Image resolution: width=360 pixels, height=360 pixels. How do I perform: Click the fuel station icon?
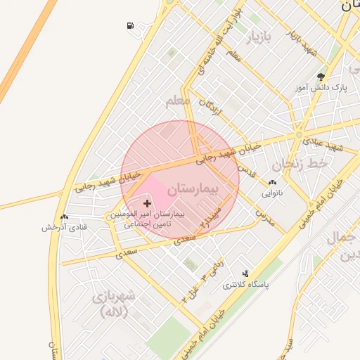[x=131, y=27]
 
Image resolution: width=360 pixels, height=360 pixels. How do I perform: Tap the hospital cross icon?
[x=146, y=202]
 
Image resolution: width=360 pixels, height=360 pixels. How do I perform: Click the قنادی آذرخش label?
[x=64, y=227]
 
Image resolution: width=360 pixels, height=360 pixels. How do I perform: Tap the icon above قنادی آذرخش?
[x=64, y=217]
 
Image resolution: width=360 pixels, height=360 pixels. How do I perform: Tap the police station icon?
[x=245, y=274]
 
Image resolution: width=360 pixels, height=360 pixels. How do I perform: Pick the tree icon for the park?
[x=321, y=77]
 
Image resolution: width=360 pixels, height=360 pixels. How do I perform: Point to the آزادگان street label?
[x=208, y=111]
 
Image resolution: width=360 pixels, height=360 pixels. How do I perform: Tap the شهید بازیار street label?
[x=302, y=41]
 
